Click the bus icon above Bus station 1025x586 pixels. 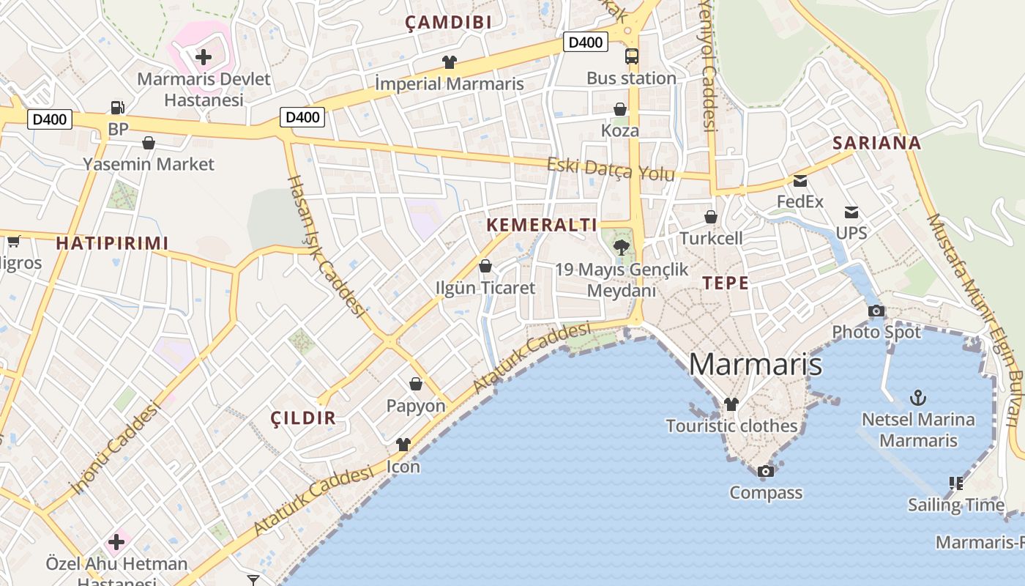pyautogui.click(x=631, y=56)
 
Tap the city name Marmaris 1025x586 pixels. pyautogui.click(x=756, y=364)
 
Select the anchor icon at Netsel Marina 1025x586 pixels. pyautogui.click(x=918, y=398)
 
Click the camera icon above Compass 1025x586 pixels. pyautogui.click(x=765, y=471)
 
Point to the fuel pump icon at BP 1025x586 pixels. pyautogui.click(x=117, y=108)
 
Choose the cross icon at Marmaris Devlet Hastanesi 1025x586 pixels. pyautogui.click(x=204, y=56)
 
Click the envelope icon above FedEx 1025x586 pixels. pyautogui.click(x=799, y=180)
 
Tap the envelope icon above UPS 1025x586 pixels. pyautogui.click(x=851, y=212)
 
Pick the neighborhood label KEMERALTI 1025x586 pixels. pyautogui.click(x=542, y=225)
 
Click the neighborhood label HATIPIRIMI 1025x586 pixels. pyautogui.click(x=112, y=243)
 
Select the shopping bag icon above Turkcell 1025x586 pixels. pyautogui.click(x=710, y=217)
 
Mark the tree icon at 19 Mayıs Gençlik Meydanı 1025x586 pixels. pyautogui.click(x=622, y=247)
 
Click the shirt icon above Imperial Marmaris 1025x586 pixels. pyautogui.click(x=449, y=62)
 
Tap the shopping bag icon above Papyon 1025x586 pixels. pyautogui.click(x=416, y=384)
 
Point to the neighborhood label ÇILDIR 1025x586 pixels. pyautogui.click(x=303, y=418)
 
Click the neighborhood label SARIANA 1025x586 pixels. pyautogui.click(x=876, y=143)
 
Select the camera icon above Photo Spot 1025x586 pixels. pyautogui.click(x=876, y=311)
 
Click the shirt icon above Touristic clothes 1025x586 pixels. pyautogui.click(x=731, y=404)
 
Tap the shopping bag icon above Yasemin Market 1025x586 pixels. pyautogui.click(x=149, y=142)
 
